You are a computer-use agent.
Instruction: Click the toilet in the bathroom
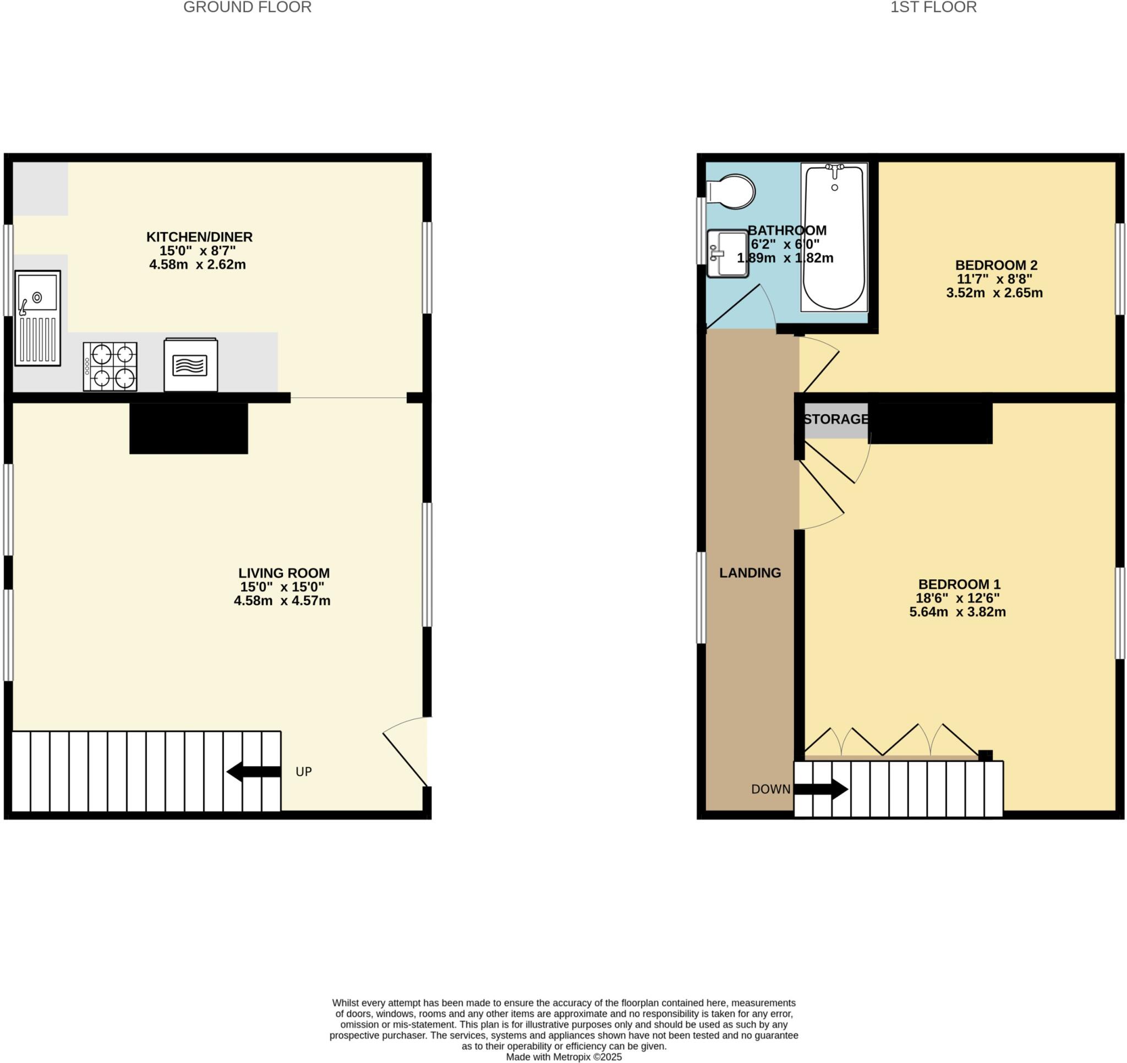coord(732,191)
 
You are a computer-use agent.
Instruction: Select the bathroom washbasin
coord(727,254)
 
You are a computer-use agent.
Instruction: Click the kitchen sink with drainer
coord(37,317)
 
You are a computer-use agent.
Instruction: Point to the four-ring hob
coord(110,366)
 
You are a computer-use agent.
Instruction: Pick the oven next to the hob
coord(190,365)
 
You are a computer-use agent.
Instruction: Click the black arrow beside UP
coord(253,771)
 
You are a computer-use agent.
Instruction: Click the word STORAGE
coord(835,419)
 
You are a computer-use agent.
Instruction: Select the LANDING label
coord(749,573)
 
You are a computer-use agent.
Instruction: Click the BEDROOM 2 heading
coord(996,265)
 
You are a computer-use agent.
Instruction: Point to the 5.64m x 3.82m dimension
coord(958,612)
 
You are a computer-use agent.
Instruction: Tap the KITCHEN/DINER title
coord(200,237)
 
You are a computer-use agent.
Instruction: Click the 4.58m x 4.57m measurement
coord(282,600)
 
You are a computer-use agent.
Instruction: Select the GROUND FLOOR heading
coord(247,7)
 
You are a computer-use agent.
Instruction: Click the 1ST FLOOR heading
coord(933,7)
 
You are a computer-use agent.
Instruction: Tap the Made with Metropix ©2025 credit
coord(563,1057)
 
